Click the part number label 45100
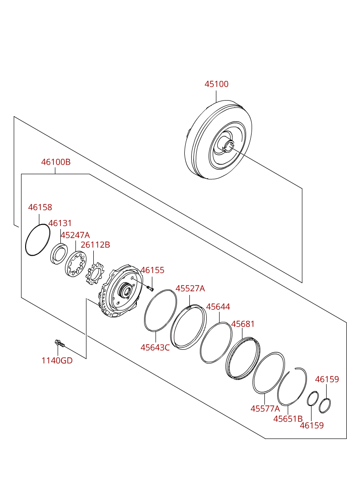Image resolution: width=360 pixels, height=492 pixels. [x=216, y=84]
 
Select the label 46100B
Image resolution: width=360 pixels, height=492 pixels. [x=56, y=162]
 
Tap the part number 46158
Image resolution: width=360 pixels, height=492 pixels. [x=40, y=207]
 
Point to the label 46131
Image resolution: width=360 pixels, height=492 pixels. [x=60, y=223]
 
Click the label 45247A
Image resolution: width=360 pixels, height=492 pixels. [x=75, y=235]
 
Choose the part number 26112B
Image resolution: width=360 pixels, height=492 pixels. [x=95, y=245]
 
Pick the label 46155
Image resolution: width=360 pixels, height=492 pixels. [x=152, y=270]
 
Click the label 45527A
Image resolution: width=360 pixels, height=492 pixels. [x=190, y=289]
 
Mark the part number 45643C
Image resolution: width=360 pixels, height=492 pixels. [x=155, y=348]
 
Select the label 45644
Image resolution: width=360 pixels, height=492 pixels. [x=218, y=307]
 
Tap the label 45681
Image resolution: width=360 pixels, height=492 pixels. [x=242, y=324]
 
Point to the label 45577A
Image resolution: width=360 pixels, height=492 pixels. [x=265, y=409]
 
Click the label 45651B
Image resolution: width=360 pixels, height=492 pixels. [x=288, y=418]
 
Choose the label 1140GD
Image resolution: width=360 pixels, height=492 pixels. [x=57, y=360]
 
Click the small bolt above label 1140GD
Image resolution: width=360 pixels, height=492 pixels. [x=59, y=343]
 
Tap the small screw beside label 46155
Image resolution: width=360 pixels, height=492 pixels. [x=151, y=288]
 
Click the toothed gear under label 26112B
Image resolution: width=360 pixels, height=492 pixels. [x=96, y=275]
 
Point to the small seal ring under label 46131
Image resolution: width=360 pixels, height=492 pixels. [x=59, y=254]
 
